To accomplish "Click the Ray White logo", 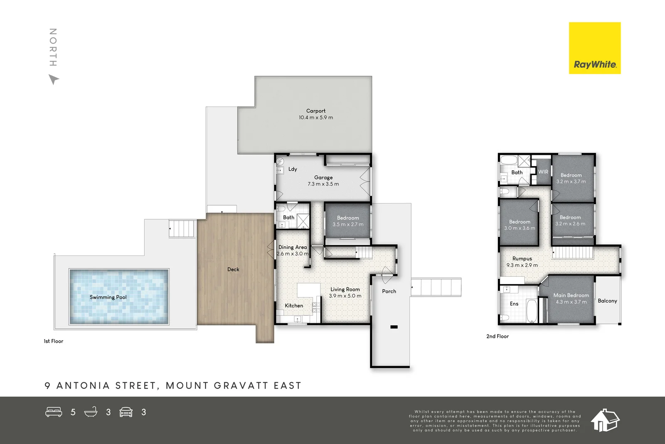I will coord(594,48).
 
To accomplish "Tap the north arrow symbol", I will coord(53,79).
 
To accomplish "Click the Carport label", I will coord(316,111).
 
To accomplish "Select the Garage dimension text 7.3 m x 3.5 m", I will coord(323,184).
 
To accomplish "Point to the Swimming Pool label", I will coord(108,297).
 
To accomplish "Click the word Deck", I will coord(233,269).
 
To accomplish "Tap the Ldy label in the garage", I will coord(293,169).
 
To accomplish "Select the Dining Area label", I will coord(293,247).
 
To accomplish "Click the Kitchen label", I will coord(294,305).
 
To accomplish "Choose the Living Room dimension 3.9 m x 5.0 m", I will coord(345,296).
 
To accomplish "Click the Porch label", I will coord(389,291).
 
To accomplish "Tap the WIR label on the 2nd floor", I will coord(543,172).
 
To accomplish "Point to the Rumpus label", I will coord(522,258).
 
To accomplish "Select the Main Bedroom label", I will coord(571,295).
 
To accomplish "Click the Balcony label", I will coord(607,300).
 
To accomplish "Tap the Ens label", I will coord(514,304).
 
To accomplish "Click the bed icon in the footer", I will coord(54,412).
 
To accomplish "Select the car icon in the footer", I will coord(126,412).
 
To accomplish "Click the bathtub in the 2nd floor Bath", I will coord(508,160).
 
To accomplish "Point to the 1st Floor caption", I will coord(54,341).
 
